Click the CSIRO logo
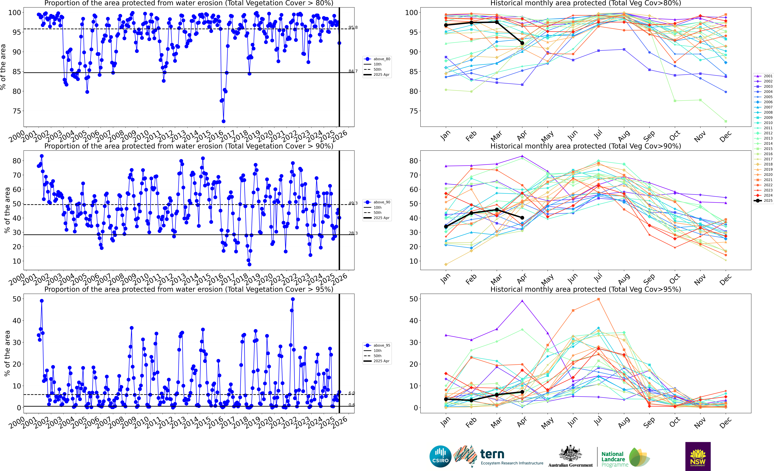coord(440,456)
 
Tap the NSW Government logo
coord(698,456)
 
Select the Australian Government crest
coord(570,454)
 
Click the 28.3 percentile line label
coord(353,233)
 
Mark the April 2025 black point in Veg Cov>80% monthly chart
coord(522,43)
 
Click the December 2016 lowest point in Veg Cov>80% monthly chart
coord(726,121)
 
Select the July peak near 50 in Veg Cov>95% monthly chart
coord(598,299)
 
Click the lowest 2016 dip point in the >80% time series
coord(223,121)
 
